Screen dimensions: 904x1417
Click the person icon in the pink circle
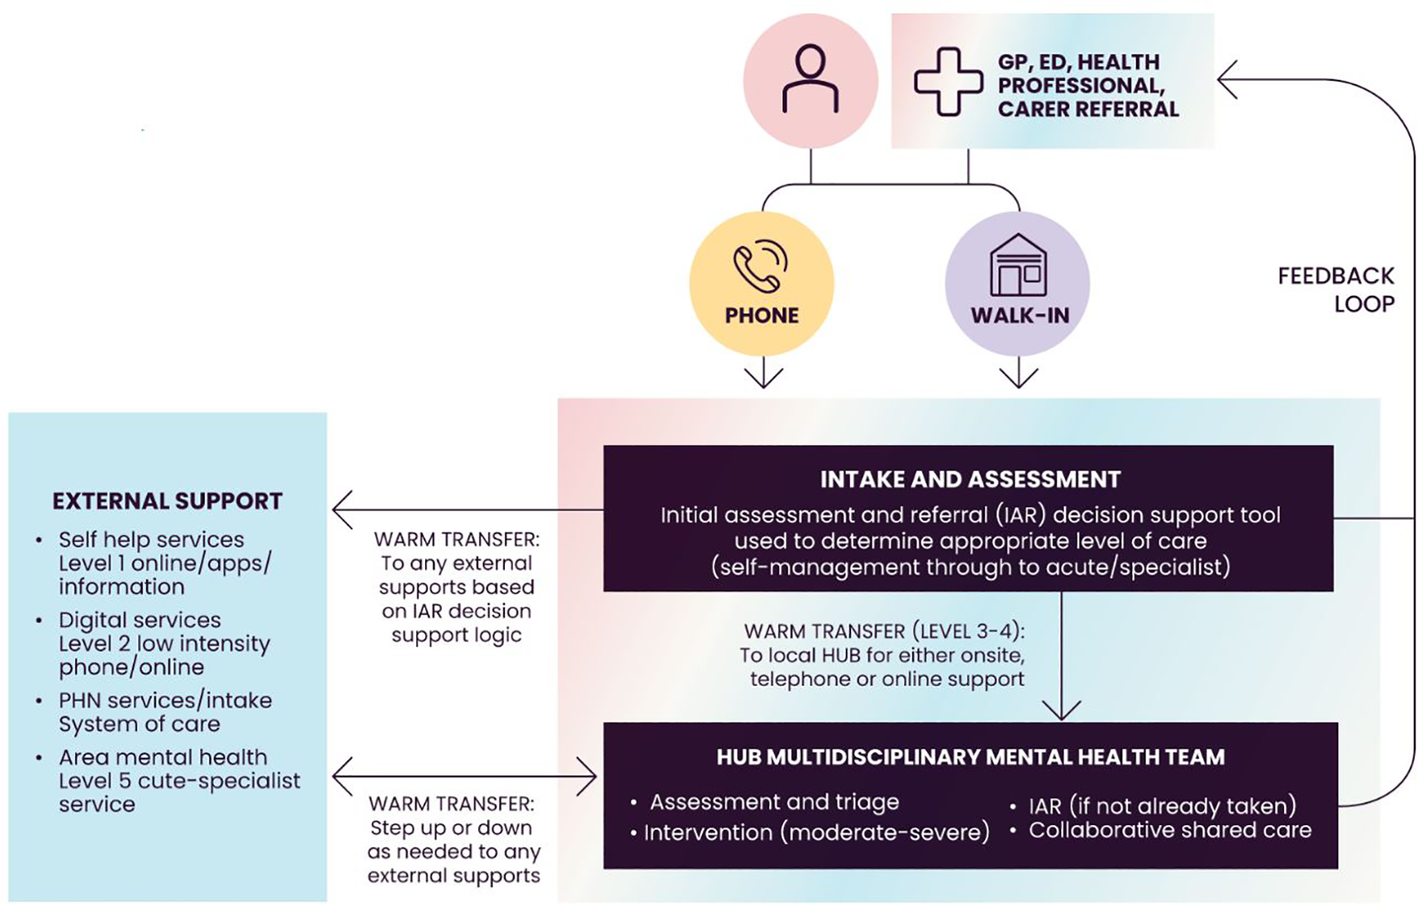(x=810, y=79)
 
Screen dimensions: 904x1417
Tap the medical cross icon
(x=948, y=82)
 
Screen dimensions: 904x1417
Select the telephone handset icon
(x=760, y=266)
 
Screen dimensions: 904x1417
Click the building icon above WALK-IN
(x=1018, y=266)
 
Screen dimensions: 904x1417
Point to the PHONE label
(x=761, y=316)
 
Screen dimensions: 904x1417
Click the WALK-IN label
(x=1019, y=316)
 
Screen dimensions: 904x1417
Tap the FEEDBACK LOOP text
(x=1336, y=290)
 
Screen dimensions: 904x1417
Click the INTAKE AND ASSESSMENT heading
(x=970, y=480)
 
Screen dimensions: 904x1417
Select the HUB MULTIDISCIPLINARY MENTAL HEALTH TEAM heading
(x=970, y=758)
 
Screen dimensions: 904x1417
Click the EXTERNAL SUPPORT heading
(x=167, y=501)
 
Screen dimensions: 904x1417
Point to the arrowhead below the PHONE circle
(x=763, y=379)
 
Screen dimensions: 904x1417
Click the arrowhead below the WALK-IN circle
(x=1019, y=379)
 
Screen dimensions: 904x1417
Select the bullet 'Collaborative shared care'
(x=1169, y=830)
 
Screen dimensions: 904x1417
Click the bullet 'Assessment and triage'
(x=774, y=803)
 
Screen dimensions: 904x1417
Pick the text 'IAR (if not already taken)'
(x=1162, y=806)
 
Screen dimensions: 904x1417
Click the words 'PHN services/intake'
(x=165, y=700)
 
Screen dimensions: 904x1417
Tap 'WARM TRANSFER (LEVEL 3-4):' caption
(x=884, y=631)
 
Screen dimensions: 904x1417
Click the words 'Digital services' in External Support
(x=139, y=620)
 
